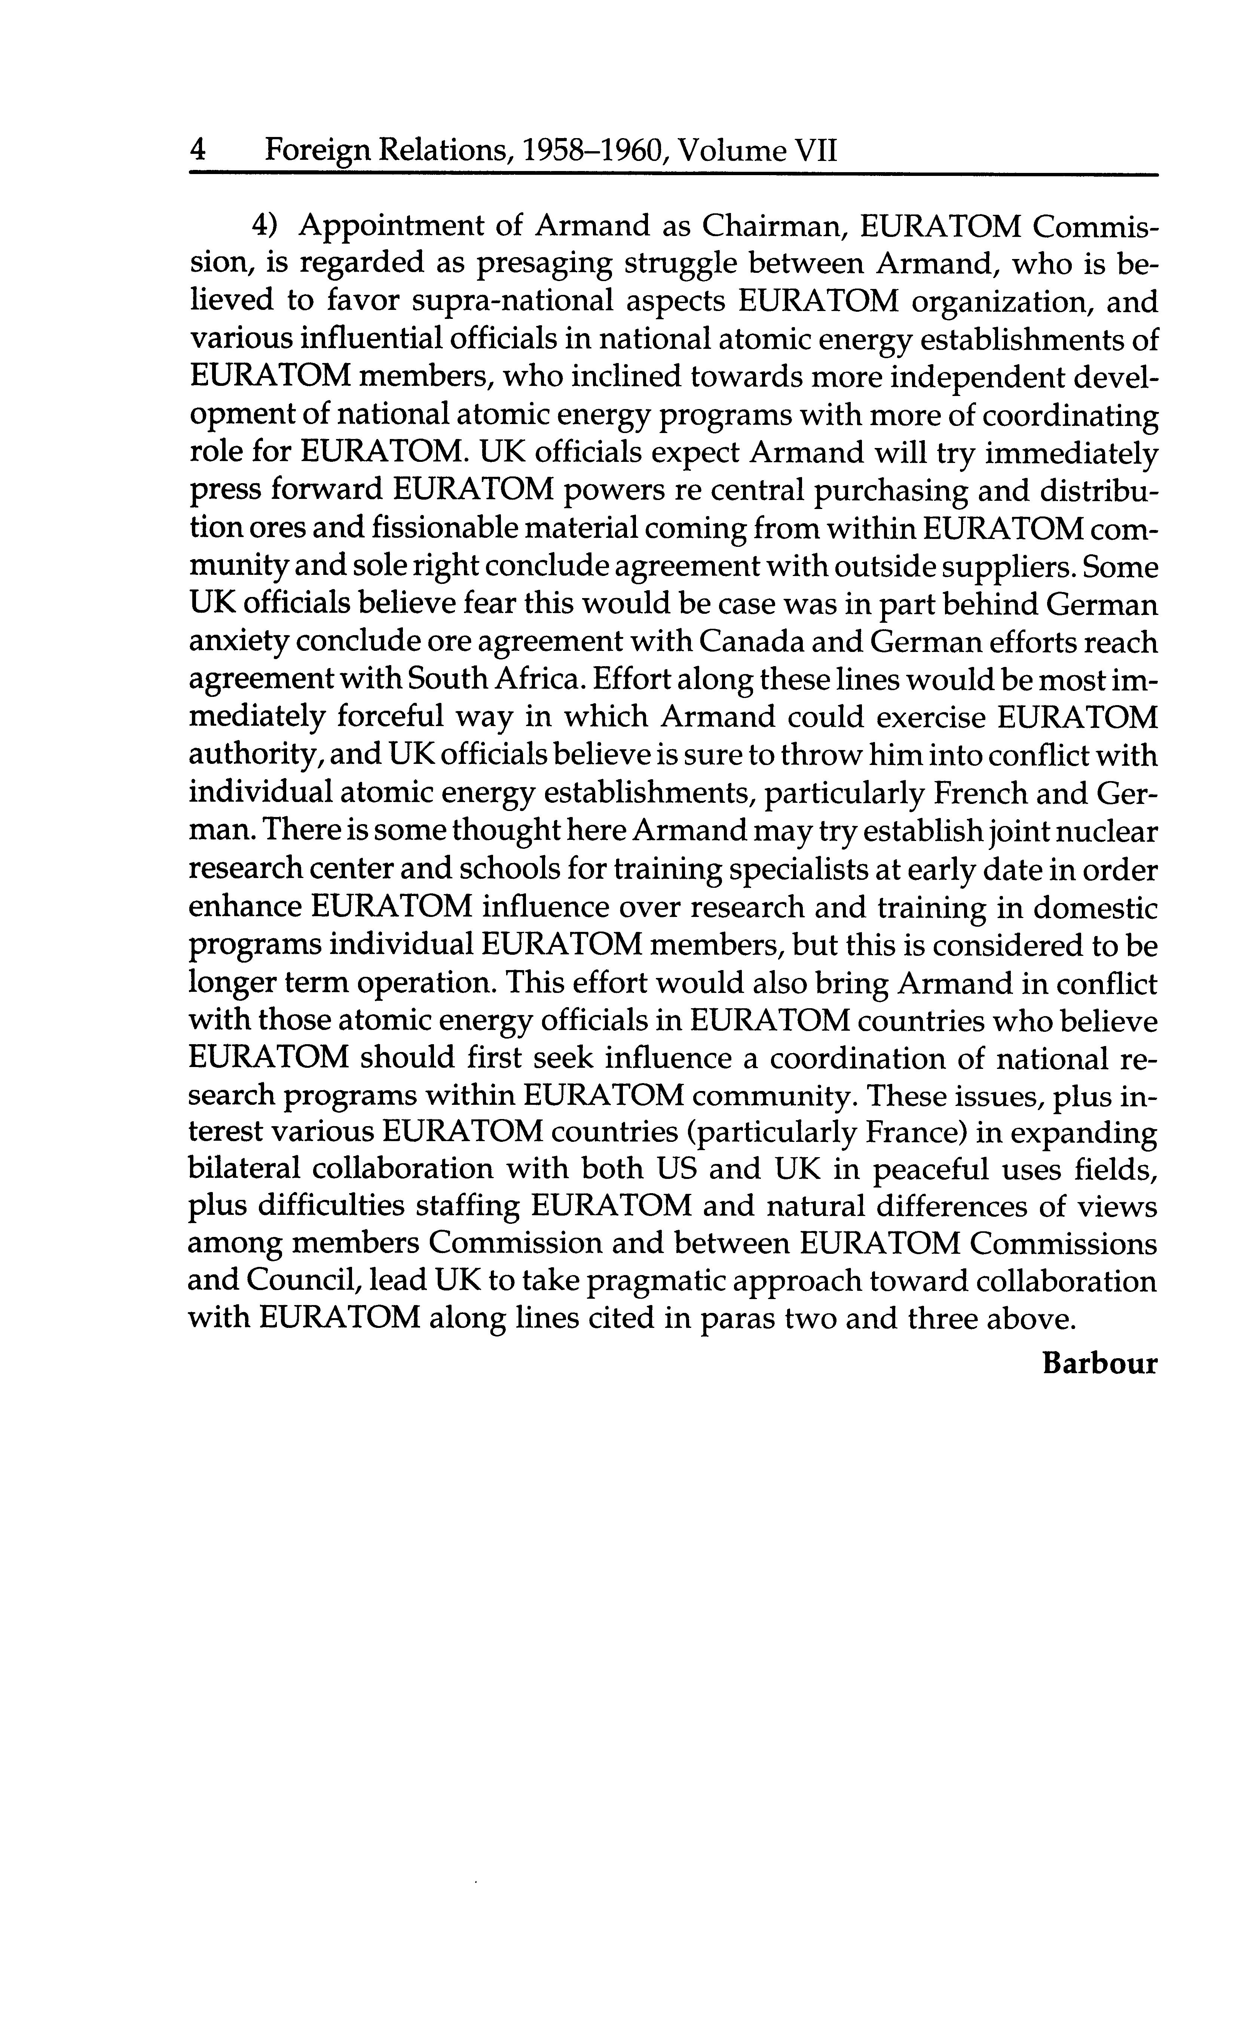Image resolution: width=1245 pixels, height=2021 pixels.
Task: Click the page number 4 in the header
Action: tap(198, 151)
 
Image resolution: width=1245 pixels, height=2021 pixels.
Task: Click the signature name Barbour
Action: tap(1099, 1364)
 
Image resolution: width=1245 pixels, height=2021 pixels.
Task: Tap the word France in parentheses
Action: tap(915, 1133)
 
